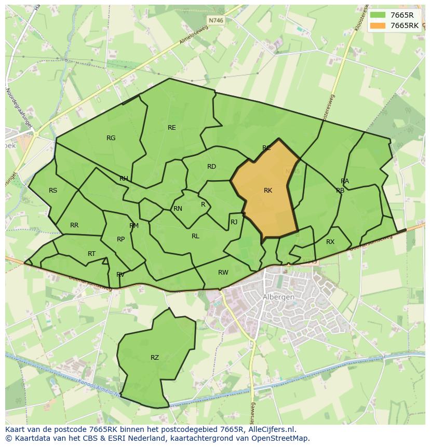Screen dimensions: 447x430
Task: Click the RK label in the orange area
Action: (x=268, y=191)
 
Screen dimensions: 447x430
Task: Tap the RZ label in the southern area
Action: (x=155, y=358)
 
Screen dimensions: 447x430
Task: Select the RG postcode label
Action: (x=111, y=138)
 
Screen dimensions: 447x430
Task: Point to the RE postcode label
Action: (x=172, y=128)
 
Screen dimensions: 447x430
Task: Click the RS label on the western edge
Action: (x=53, y=191)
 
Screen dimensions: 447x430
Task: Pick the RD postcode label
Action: (x=211, y=167)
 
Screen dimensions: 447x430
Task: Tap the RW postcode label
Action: (x=223, y=273)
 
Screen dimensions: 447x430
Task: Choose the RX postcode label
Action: (x=330, y=242)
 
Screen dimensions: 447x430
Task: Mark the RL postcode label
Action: (x=195, y=236)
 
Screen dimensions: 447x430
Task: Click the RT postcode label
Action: (x=92, y=254)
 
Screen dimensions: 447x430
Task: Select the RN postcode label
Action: (x=178, y=209)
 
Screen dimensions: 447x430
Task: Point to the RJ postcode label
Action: (x=234, y=222)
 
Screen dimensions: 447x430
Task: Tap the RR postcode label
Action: (x=74, y=225)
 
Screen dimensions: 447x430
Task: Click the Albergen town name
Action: (x=279, y=297)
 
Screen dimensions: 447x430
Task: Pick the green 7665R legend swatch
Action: (x=378, y=15)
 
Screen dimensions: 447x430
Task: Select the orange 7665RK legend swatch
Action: (x=378, y=25)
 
